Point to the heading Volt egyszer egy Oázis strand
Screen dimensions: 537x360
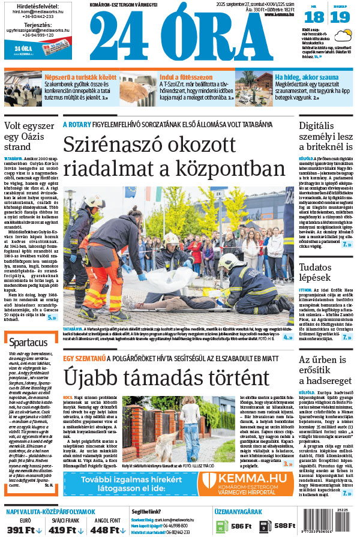pyautogui.click(x=30, y=136)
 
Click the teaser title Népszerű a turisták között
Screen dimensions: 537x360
pyautogui.click(x=74, y=77)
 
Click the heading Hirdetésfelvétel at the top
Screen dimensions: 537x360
pyautogui.click(x=29, y=5)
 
